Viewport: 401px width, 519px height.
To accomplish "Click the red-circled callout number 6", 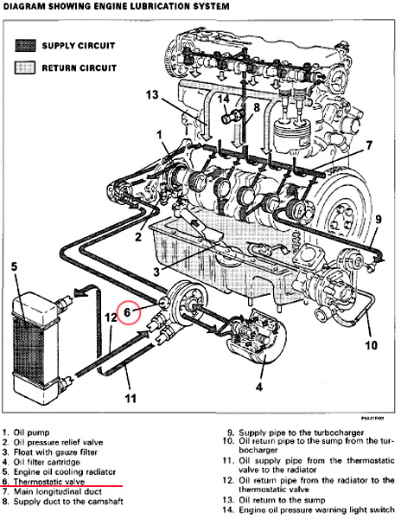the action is [127, 312].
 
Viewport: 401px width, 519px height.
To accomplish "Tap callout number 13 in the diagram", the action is [152, 95].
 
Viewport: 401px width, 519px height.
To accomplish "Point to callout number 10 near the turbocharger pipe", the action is [372, 345].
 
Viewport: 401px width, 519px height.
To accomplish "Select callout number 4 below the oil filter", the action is [259, 387].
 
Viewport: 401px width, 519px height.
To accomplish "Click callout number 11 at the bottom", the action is [130, 398].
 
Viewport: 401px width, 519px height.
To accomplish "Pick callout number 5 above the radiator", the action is [14, 266].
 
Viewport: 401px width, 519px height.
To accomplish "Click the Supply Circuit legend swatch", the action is [25, 46].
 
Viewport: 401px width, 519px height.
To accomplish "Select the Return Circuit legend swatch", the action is [25, 67].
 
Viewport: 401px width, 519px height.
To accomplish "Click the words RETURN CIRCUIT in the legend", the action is [79, 67].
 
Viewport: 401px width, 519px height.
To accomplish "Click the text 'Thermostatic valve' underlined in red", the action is [49, 482].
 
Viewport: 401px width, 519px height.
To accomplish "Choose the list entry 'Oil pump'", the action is [31, 432].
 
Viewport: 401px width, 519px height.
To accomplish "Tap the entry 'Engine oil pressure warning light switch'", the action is [316, 509].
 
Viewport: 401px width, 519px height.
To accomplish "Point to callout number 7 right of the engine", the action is [369, 145].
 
